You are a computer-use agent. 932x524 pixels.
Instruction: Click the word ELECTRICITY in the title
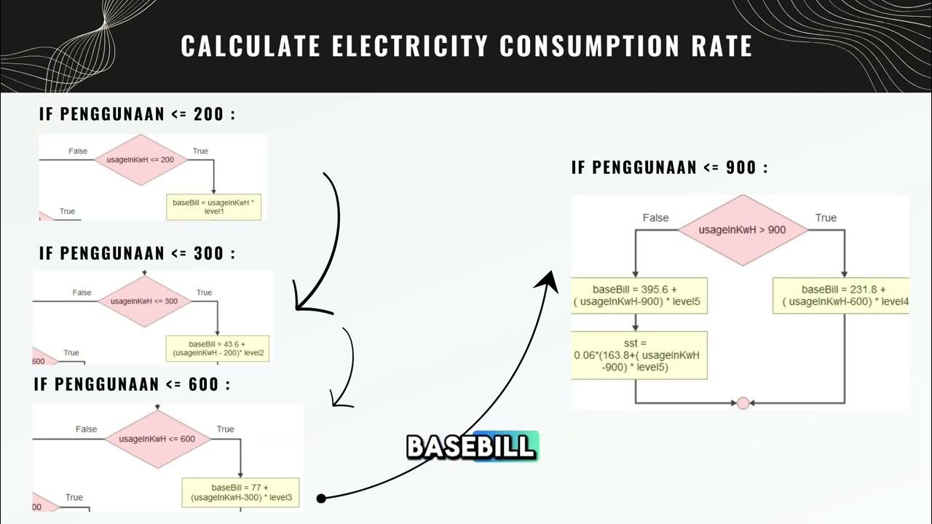(x=410, y=46)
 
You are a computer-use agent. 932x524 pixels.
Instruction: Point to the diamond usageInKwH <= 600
(x=158, y=438)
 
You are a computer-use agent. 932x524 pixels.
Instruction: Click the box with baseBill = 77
(x=240, y=492)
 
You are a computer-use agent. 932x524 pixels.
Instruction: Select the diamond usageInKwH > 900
(x=742, y=229)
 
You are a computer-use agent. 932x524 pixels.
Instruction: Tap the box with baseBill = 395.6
(x=639, y=295)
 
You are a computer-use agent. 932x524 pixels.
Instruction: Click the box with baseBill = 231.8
(x=840, y=295)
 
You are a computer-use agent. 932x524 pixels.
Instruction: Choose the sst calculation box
(x=639, y=354)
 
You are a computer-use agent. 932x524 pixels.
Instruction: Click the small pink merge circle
(x=743, y=403)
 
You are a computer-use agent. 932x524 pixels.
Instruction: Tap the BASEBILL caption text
(x=470, y=446)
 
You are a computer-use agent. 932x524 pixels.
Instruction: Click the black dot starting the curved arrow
(x=321, y=498)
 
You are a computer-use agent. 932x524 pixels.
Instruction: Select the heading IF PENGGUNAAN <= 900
(x=669, y=167)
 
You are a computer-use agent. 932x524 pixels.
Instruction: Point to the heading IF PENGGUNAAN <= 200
(x=137, y=114)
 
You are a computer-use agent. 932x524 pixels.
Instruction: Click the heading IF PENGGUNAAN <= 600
(x=132, y=384)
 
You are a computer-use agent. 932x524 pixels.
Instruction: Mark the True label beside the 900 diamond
(x=826, y=218)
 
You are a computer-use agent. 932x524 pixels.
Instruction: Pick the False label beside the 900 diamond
(x=655, y=218)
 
